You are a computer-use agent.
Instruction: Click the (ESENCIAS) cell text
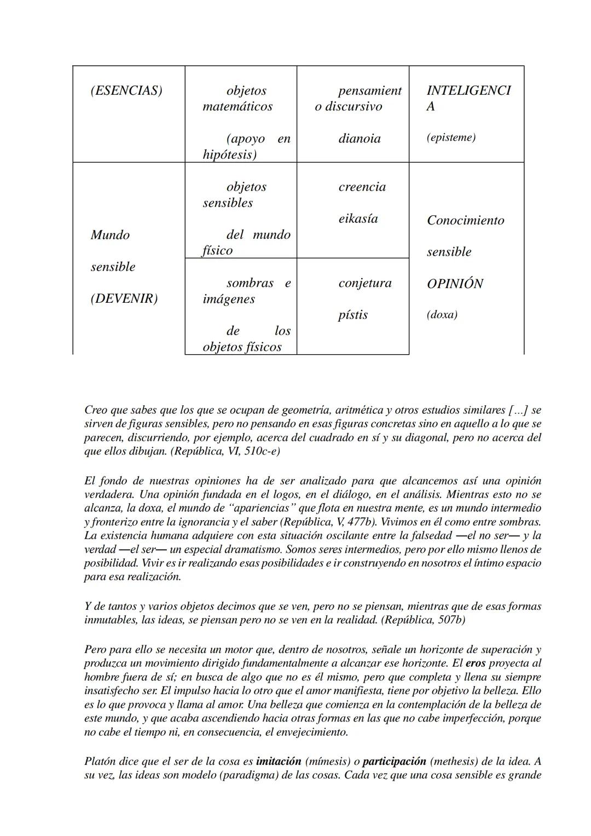coord(126,91)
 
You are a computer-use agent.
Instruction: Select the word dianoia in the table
coord(359,139)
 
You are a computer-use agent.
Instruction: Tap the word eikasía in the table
coord(358,219)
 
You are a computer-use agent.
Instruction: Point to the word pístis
coord(353,315)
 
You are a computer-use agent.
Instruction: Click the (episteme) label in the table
coord(451,137)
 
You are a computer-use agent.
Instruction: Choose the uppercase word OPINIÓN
coord(455,284)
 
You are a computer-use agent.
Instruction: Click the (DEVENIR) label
coord(124,299)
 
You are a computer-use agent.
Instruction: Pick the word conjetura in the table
coord(365,283)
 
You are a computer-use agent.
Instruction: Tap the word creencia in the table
coord(362,187)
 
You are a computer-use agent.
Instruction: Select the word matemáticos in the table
coord(237,107)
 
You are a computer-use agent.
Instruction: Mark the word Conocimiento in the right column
coord(465,221)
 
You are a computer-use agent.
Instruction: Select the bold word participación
coord(394,762)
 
